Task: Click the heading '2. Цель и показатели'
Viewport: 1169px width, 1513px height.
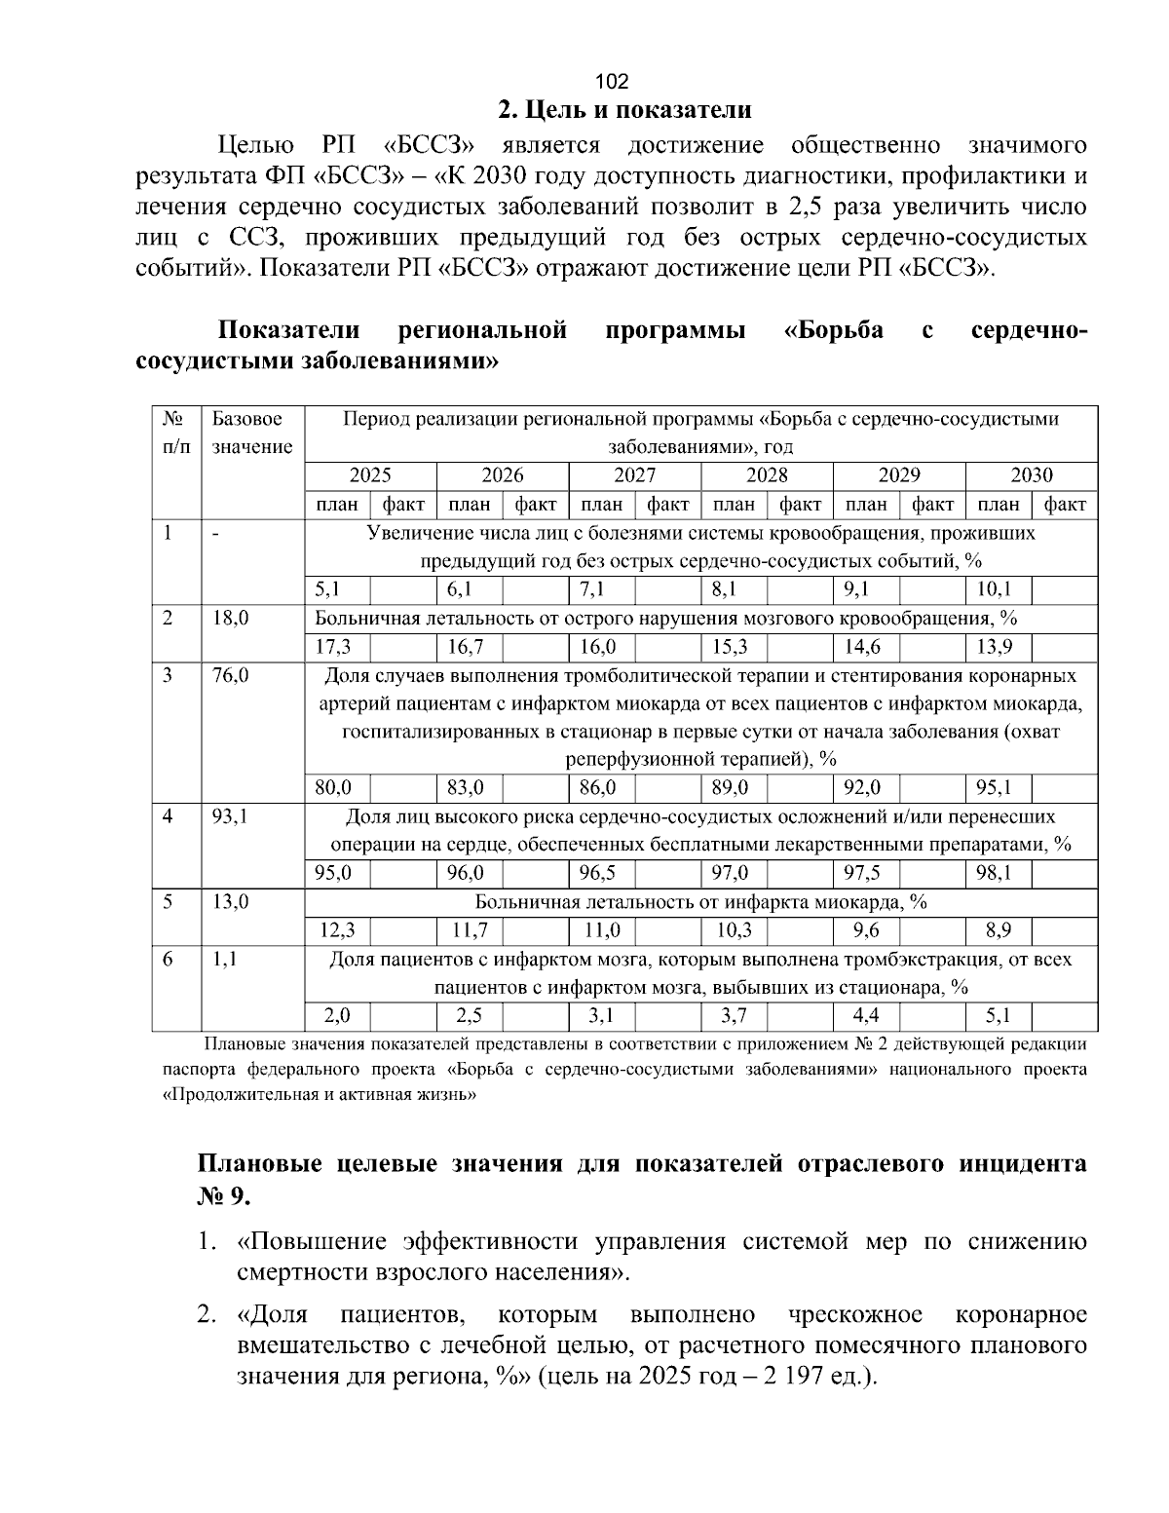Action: click(x=624, y=109)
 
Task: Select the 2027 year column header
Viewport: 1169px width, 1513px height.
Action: click(x=634, y=475)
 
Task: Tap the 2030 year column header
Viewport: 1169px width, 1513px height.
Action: click(x=1031, y=475)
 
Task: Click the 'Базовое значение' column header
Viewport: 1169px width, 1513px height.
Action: click(x=251, y=434)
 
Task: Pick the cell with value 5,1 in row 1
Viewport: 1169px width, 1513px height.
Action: click(x=327, y=589)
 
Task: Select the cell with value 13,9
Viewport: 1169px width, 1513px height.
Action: click(x=994, y=647)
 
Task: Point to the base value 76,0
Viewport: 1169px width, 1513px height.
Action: click(x=230, y=675)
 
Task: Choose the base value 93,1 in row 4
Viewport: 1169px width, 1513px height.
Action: click(x=230, y=816)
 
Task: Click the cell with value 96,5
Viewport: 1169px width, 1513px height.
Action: click(x=597, y=873)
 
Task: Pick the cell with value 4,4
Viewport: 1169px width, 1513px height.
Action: click(x=865, y=1016)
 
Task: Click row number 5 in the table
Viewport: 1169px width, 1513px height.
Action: click(x=168, y=902)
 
